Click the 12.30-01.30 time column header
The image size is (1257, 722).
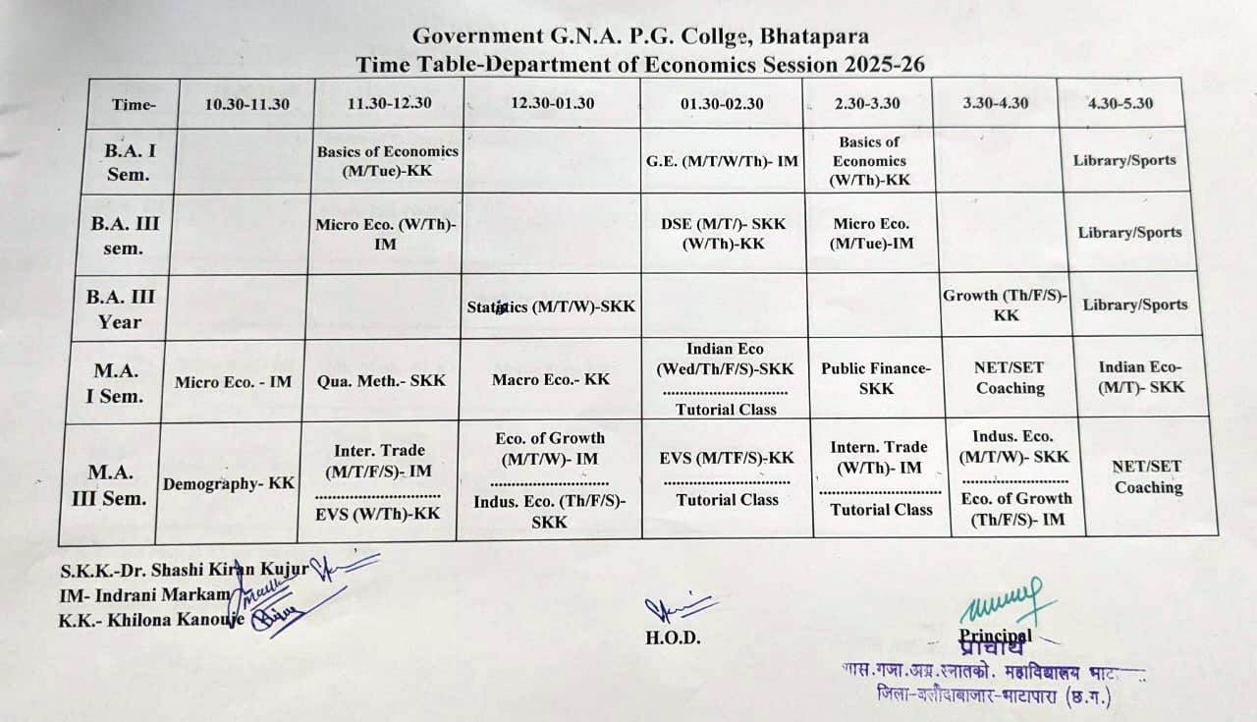[553, 103]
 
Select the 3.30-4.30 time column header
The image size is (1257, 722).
[997, 103]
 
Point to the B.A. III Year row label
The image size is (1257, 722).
[120, 308]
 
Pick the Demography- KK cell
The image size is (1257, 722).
[229, 483]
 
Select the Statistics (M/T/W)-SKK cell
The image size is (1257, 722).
[552, 306]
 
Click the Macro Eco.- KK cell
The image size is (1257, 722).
[551, 379]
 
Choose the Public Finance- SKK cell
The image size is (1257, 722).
[876, 378]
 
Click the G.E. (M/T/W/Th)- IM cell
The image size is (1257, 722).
[722, 160]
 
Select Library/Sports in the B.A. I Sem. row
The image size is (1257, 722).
[1124, 160]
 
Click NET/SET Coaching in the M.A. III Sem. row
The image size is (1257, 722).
[1148, 477]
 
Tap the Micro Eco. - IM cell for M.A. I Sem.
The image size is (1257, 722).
[233, 381]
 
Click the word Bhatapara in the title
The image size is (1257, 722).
[816, 36]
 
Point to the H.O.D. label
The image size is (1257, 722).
[673, 637]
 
